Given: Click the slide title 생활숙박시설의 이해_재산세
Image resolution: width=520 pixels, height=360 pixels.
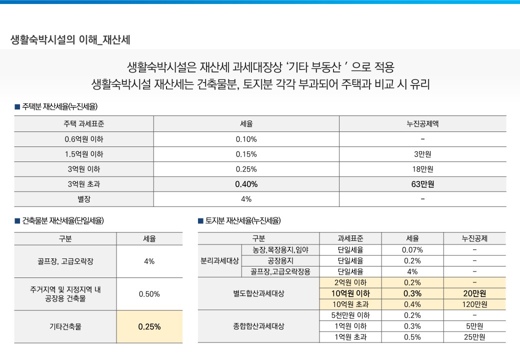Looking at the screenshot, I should pos(70,40).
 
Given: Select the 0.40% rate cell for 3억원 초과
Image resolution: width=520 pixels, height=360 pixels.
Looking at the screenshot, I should pos(246,184).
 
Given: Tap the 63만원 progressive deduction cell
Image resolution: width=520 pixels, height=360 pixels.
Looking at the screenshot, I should pos(422,184).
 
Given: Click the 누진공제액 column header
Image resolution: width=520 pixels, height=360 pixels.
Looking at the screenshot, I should pos(422,123).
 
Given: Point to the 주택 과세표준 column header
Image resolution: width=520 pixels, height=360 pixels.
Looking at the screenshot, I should pos(83,123).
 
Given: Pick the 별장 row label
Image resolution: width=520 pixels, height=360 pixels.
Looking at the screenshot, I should pos(83,199).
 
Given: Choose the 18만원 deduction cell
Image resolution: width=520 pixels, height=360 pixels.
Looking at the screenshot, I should pos(422,169).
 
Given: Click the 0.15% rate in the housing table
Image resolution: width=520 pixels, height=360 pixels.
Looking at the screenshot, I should pos(246,154).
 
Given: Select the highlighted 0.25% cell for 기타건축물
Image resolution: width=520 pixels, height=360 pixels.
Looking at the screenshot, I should pos(149,327).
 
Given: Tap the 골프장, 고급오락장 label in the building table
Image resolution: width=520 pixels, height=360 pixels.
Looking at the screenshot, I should pos(65,261).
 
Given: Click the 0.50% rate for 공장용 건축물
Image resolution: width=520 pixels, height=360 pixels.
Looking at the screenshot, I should pos(149,294).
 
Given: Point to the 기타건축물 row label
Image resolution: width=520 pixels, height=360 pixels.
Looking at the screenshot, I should pos(65,327).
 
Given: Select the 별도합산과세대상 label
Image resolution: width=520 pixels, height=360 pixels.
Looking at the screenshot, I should pos(258,294).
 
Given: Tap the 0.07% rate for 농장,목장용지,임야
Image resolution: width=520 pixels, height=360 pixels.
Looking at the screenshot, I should pos(412,250).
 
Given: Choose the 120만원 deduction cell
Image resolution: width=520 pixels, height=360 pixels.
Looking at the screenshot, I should pos(474,304).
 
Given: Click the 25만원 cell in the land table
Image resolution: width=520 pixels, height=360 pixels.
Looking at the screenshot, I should pos(474,337).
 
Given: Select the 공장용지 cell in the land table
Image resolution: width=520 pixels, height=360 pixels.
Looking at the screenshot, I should pos(279,261).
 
